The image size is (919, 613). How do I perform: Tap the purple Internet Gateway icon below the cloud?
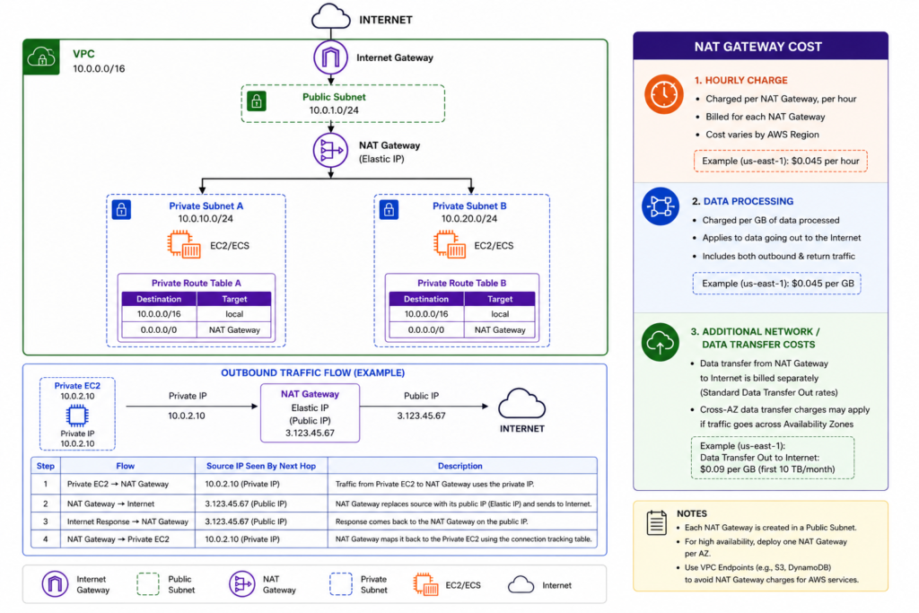pos(330,57)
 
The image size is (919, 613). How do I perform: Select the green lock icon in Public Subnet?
pos(256,101)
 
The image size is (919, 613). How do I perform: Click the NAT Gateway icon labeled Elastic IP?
pos(330,151)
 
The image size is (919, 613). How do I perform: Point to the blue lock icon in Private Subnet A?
pos(121,209)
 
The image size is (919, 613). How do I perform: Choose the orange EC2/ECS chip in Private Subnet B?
pos(450,244)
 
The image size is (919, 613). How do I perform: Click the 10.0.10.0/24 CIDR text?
pos(206,219)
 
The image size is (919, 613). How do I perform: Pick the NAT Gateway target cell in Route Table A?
pos(234,330)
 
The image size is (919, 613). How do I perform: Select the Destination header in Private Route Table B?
pos(426,299)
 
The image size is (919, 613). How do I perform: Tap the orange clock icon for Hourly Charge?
pos(663,93)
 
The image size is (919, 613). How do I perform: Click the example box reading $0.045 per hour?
pos(780,162)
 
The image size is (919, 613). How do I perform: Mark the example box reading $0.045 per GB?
pos(776,284)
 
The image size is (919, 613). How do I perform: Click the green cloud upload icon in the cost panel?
pos(660,342)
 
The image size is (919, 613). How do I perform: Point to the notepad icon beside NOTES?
pos(656,522)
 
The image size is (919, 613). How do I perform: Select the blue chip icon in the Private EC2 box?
pos(77,416)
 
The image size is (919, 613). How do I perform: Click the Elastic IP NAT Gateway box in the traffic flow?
pos(310,413)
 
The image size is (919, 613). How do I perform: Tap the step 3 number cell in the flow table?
pos(46,521)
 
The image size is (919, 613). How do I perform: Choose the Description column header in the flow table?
pos(460,466)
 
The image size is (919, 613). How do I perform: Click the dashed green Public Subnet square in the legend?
pos(148,584)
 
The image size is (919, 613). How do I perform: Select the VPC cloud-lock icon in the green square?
pos(41,57)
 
